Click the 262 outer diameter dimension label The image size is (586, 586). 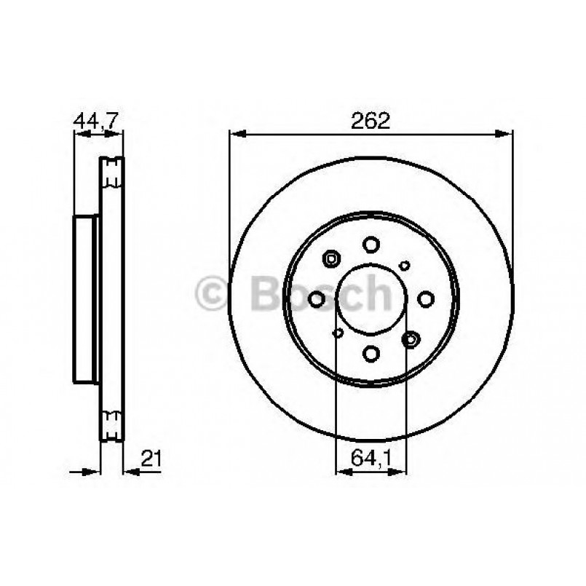371,121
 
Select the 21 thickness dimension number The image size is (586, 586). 151,459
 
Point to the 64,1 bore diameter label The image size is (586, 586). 371,459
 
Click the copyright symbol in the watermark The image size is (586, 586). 213,293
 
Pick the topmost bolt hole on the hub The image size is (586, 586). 371,244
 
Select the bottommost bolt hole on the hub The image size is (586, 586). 371,354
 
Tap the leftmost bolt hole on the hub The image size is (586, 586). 317,298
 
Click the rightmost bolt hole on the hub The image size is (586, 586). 426,298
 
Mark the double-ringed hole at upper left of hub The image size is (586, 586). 331,258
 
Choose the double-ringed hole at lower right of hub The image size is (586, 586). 411,338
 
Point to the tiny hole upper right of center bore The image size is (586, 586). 405,266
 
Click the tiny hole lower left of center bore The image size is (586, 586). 337,333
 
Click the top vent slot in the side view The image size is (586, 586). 112,172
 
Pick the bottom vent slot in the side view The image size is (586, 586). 112,426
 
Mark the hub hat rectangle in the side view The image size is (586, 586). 86,298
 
